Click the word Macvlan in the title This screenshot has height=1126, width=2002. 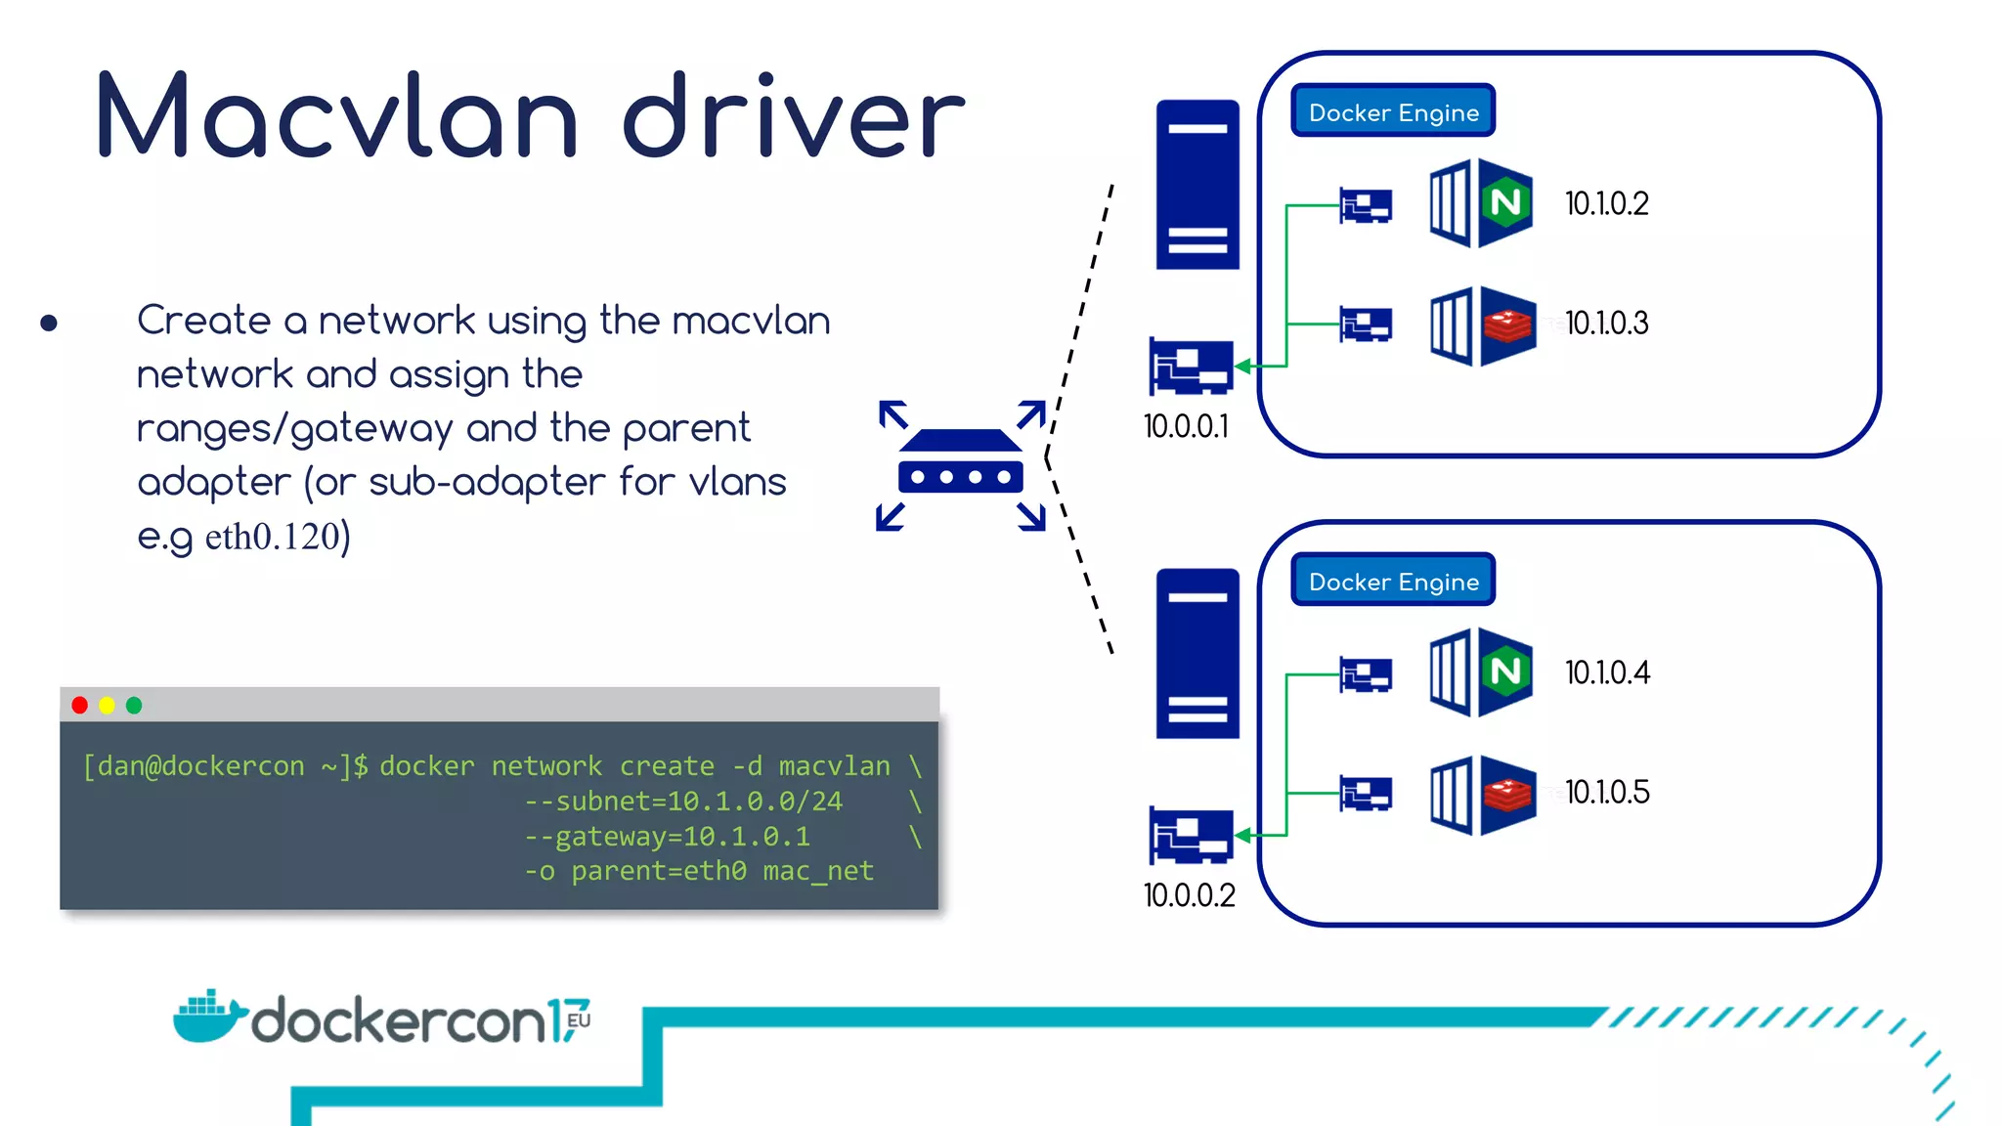(337, 117)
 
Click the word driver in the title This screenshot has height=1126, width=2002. (793, 117)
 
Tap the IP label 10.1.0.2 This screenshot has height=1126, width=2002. (1606, 203)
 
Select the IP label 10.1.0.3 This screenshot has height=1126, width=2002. (1606, 323)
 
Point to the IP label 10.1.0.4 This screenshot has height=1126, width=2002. (1607, 672)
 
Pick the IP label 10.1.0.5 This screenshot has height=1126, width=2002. (1607, 792)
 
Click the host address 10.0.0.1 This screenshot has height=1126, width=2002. (1186, 426)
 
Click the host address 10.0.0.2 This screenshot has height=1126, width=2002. (1189, 895)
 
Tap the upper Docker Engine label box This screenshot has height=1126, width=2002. (1393, 111)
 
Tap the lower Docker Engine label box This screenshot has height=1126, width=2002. (1393, 581)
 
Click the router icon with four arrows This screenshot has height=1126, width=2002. (961, 465)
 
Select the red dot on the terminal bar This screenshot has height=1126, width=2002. (80, 705)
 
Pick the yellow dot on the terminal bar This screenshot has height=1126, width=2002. (108, 705)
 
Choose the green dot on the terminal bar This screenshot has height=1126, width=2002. (134, 705)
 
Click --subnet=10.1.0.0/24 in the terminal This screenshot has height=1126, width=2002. (683, 801)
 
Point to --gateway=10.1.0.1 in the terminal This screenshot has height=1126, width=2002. (667, 837)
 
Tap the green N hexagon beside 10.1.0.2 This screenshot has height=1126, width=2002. (1505, 202)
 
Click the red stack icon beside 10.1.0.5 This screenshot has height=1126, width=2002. (1507, 794)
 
